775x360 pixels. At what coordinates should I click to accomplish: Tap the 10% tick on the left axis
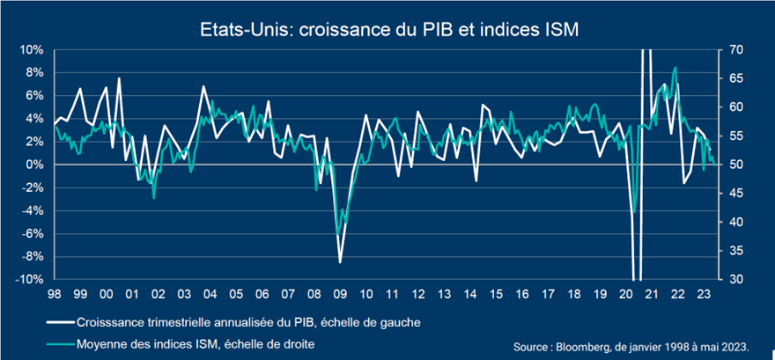pos(32,49)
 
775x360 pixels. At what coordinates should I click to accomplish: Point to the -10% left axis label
pos(29,279)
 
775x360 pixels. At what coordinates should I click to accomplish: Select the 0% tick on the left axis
pos(34,165)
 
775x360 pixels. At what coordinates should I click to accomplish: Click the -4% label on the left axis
pos(32,210)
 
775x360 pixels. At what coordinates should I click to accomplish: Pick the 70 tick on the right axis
pos(734,49)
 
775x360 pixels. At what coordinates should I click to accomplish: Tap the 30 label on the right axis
pos(734,279)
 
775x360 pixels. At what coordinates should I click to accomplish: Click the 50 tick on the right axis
pos(734,165)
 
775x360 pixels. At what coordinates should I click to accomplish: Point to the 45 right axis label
pos(734,193)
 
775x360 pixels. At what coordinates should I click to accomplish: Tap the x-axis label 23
pos(703,294)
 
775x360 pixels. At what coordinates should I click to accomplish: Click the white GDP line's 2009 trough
pos(340,262)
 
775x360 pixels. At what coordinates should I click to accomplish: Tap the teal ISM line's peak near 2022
pos(675,68)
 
